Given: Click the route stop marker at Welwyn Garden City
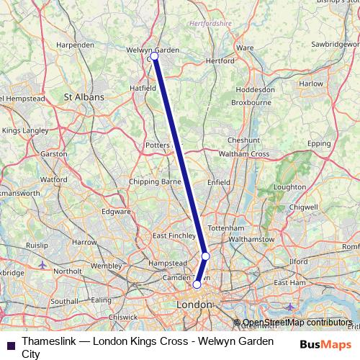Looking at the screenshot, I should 154,55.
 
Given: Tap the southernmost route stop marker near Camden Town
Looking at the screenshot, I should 197,284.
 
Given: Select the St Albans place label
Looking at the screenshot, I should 84,96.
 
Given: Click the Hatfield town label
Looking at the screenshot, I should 143,88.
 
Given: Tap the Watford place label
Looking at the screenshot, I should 53,179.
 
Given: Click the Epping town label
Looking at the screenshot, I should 318,144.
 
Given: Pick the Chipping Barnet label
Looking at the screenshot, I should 155,182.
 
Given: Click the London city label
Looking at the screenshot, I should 194,305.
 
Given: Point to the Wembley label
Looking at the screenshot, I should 107,266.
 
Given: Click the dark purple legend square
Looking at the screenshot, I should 9,344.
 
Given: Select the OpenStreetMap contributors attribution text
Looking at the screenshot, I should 297,323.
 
